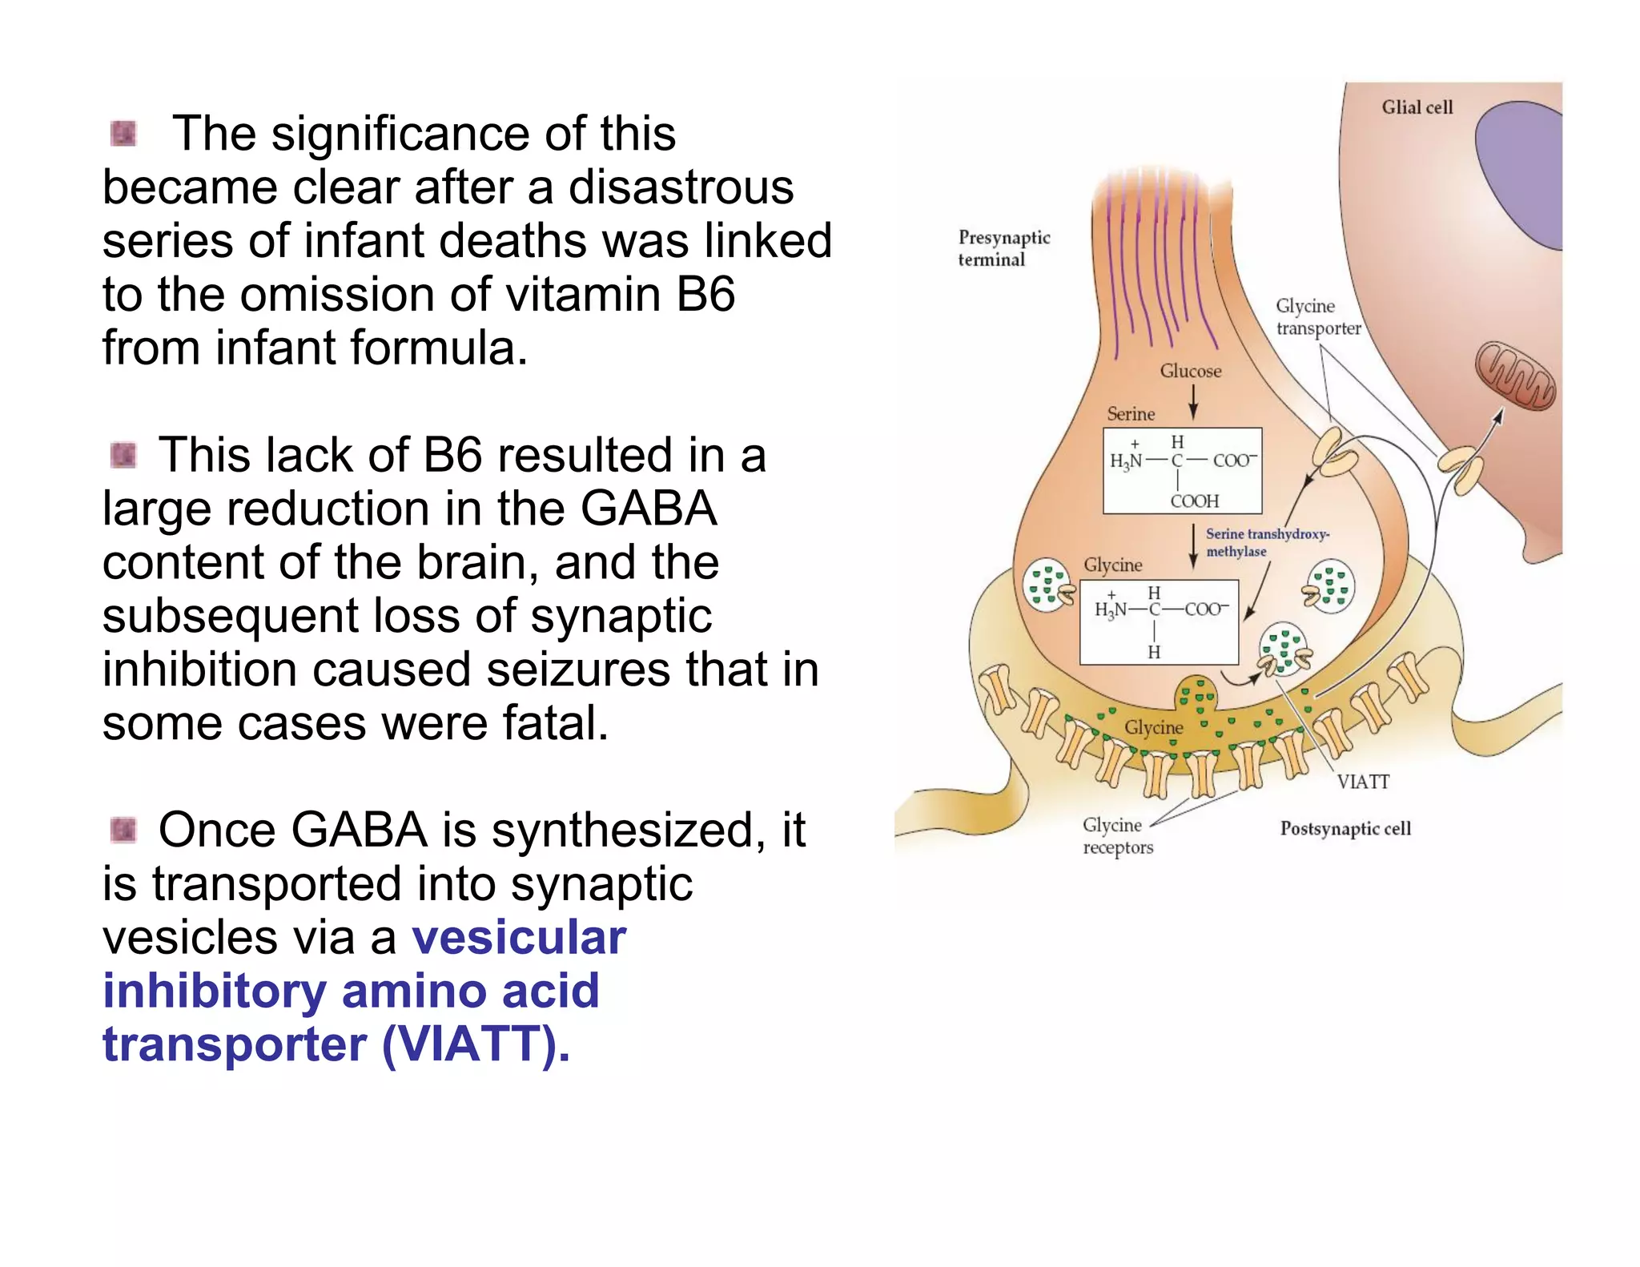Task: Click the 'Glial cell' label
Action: coord(1416,107)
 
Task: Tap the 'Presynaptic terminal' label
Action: coord(1003,248)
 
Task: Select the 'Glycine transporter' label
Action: coord(1317,317)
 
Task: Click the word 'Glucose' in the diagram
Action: coord(1190,371)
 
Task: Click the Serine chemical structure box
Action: coord(1182,471)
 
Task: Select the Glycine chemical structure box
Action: coord(1158,622)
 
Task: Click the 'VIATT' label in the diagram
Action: coord(1362,782)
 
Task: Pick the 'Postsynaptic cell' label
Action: coord(1345,828)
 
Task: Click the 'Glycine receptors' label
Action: coord(1117,836)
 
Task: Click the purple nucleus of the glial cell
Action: coord(1521,172)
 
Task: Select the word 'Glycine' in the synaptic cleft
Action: coord(1153,727)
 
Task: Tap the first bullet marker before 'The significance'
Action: coord(123,134)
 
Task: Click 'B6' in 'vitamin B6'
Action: coord(705,295)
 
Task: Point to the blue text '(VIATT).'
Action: coord(476,1044)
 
